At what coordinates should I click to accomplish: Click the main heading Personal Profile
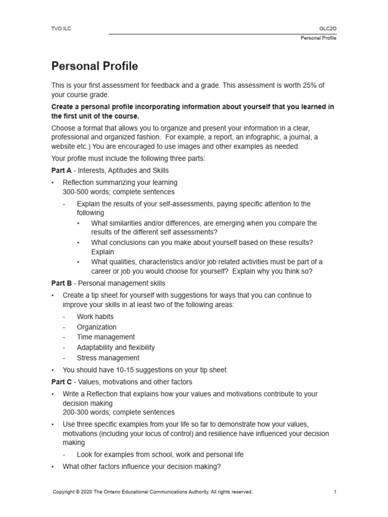[94, 66]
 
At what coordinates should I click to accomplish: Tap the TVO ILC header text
[62, 28]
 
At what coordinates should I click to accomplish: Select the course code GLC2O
[327, 28]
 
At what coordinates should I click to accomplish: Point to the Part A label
[62, 170]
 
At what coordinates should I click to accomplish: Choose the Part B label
[62, 283]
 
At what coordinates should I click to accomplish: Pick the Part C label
[62, 382]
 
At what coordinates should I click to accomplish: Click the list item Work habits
[95, 317]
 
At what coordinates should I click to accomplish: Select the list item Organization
[96, 327]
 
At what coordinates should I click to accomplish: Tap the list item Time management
[106, 337]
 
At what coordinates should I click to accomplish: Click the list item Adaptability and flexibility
[116, 347]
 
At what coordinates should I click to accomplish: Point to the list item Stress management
[108, 358]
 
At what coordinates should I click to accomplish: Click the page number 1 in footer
[334, 492]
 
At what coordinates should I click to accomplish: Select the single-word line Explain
[103, 252]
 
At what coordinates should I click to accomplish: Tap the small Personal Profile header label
[318, 38]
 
